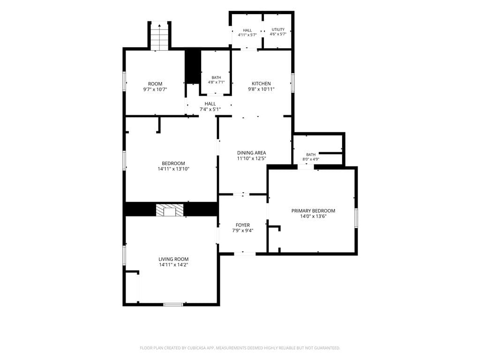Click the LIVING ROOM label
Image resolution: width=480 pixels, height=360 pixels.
click(173, 259)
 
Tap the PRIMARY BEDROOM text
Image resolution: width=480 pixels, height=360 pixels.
click(313, 210)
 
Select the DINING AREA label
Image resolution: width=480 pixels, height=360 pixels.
click(252, 153)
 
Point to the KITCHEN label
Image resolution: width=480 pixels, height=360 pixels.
click(261, 83)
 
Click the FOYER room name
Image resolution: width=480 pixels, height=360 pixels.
click(243, 225)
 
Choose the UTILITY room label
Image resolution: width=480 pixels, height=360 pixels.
click(278, 30)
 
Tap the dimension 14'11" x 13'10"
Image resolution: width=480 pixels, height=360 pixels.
click(173, 169)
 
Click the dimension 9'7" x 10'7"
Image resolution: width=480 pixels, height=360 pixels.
click(155, 90)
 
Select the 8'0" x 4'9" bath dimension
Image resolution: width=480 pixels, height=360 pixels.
click(311, 159)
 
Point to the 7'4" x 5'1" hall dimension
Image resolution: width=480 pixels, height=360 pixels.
click(210, 109)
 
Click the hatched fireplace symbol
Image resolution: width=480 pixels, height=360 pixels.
click(170, 210)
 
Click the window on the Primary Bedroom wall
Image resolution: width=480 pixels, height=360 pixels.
click(356, 218)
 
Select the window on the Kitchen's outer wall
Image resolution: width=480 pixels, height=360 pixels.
click(292, 82)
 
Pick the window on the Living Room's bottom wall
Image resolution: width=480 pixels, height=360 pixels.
click(173, 304)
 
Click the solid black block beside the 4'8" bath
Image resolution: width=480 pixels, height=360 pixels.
click(192, 66)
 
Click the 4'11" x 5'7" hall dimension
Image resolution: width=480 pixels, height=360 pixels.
click(247, 35)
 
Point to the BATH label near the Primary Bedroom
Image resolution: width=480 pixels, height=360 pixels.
click(311, 155)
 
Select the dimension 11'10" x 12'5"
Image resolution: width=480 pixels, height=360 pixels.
click(252, 158)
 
